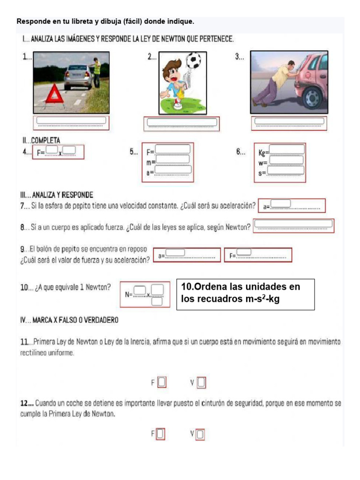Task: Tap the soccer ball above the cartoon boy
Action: click(193, 60)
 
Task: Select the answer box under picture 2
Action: click(182, 123)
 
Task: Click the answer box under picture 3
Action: click(289, 122)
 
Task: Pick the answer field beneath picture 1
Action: click(71, 121)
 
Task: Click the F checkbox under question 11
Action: click(162, 382)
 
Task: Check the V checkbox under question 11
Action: click(201, 383)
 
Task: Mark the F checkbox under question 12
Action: click(160, 435)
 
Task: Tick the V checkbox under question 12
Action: click(200, 435)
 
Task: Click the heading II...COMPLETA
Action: click(41, 140)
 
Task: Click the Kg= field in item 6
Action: click(286, 150)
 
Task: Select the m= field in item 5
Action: click(172, 160)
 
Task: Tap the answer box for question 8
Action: click(293, 225)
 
